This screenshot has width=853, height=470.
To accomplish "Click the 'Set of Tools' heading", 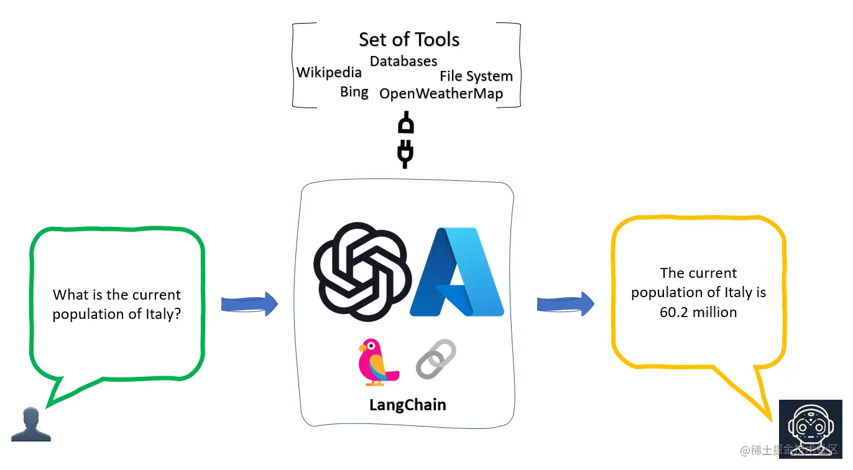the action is tap(409, 39).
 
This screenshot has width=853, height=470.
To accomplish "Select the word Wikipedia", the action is tap(329, 72).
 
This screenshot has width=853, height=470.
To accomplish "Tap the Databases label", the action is tap(403, 61).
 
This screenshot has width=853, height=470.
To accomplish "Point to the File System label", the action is tap(476, 76).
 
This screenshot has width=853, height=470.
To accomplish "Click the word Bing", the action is tap(354, 92).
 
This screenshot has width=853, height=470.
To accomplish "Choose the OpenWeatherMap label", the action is tap(441, 94).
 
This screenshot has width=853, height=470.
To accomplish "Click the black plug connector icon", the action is tap(405, 139).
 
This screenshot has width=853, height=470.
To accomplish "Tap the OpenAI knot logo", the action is tap(362, 272).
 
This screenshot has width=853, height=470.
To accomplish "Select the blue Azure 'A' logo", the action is tap(457, 272).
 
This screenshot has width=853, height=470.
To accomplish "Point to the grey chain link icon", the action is tap(436, 359).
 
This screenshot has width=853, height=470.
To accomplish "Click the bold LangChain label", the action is tap(407, 405).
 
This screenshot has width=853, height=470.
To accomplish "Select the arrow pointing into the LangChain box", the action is tap(249, 304).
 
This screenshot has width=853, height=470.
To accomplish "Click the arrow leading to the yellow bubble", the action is tap(566, 304).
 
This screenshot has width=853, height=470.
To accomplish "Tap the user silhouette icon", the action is tap(31, 424).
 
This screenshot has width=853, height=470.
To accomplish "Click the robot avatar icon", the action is tap(810, 429).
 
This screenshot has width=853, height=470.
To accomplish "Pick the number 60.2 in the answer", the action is tap(674, 312).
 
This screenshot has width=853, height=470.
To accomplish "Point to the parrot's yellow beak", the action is tap(362, 348).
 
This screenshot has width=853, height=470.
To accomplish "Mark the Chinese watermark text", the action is tap(788, 450).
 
